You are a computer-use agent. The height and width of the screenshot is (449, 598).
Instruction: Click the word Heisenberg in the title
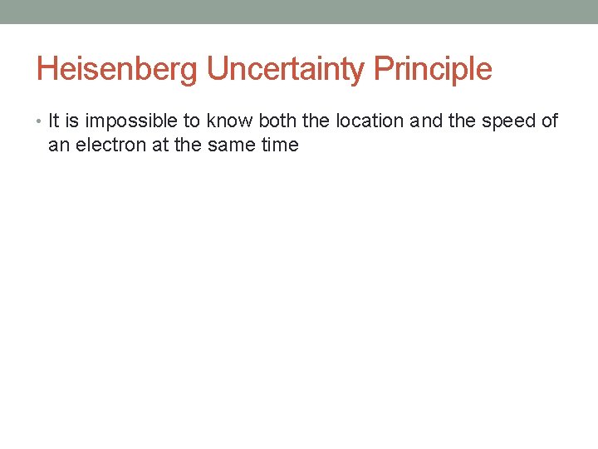pos(118,69)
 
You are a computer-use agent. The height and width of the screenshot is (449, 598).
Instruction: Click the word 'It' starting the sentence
pos(54,121)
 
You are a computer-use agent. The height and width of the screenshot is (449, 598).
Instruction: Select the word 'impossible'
pos(131,121)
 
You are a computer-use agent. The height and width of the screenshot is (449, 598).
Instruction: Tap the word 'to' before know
pos(193,121)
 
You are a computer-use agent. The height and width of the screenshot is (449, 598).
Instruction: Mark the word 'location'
pos(370,121)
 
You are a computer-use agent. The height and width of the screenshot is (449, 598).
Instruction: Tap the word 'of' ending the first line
pos(549,121)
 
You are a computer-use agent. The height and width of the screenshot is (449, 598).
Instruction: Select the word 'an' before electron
pos(58,145)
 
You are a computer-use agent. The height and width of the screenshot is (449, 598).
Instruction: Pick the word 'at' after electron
pos(160,145)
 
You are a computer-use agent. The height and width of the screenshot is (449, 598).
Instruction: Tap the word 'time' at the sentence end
pos(281,145)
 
